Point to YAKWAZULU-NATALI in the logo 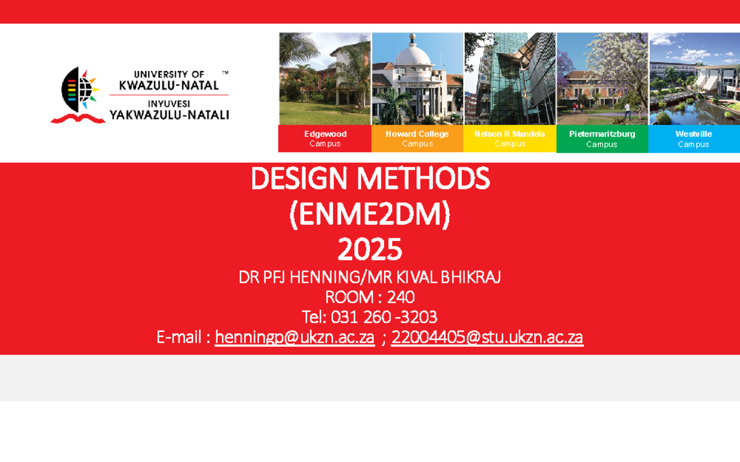click(169, 115)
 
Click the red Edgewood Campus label click(325, 139)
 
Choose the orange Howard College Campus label click(417, 139)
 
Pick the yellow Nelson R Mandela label click(509, 139)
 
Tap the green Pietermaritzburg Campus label click(602, 139)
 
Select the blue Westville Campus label click(693, 139)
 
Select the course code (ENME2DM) click(370, 215)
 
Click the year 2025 click(370, 250)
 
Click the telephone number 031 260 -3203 click(384, 317)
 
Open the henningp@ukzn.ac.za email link click(295, 338)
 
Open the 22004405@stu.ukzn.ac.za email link click(487, 338)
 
